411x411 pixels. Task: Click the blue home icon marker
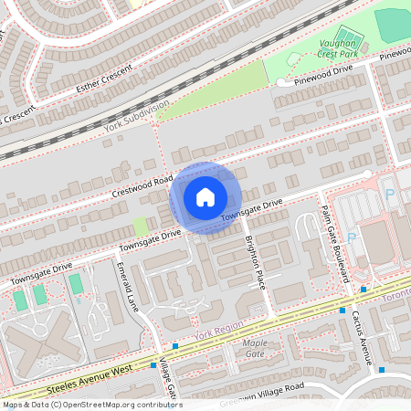pos(205,196)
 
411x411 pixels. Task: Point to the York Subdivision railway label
pos(137,118)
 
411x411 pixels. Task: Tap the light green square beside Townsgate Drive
pos(140,226)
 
